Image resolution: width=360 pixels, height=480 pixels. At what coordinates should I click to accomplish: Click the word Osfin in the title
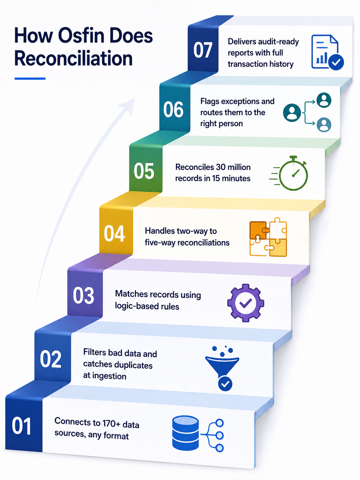(x=81, y=36)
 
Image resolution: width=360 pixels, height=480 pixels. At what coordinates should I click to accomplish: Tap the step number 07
(x=203, y=50)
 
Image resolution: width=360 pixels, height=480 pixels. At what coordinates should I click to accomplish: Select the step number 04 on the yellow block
(x=114, y=234)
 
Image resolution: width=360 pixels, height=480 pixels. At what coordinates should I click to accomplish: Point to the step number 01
(x=21, y=426)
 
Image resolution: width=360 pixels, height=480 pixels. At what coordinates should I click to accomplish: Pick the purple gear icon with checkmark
(x=246, y=303)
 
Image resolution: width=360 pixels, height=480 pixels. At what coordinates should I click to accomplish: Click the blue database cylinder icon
(x=185, y=433)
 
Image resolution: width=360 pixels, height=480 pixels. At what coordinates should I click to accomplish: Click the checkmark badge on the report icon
(x=336, y=62)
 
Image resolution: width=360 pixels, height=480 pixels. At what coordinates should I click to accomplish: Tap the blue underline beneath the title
(x=30, y=79)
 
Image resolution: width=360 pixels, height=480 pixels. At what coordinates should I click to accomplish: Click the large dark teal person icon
(x=292, y=113)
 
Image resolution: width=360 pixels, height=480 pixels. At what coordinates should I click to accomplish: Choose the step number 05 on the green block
(x=144, y=171)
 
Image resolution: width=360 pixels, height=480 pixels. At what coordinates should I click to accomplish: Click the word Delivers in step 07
(x=242, y=41)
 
